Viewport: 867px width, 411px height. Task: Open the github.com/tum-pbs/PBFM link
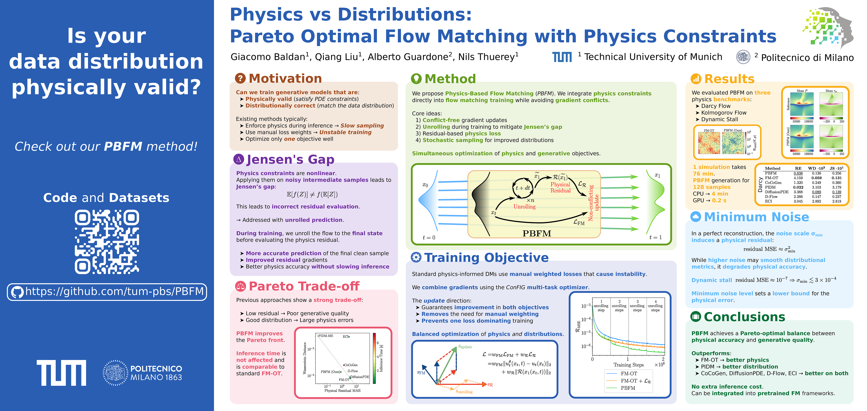[x=114, y=291]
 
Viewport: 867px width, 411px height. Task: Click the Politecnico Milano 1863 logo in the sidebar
[x=142, y=373]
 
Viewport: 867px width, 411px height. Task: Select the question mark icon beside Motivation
[x=240, y=78]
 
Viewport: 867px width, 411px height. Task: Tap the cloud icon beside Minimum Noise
[x=696, y=217]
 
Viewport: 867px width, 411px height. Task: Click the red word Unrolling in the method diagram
[x=524, y=206]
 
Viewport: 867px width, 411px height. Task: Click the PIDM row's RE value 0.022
[x=798, y=187]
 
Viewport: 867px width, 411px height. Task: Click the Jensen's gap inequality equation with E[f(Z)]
[x=312, y=194]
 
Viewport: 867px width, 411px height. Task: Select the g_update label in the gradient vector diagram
[x=466, y=347]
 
